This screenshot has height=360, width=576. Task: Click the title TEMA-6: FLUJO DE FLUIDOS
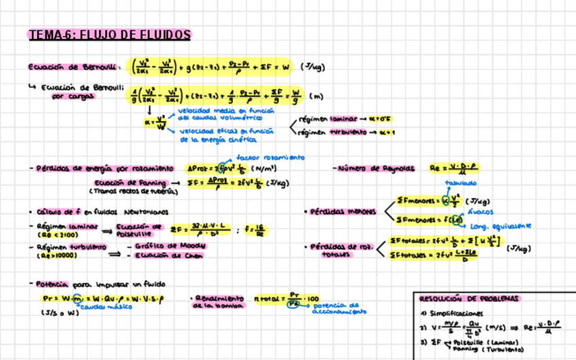pos(109,35)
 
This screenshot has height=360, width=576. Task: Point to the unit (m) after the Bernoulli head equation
pos(315,96)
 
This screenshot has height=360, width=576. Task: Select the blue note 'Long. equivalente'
pos(498,226)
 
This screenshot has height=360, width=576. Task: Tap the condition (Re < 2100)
pos(52,234)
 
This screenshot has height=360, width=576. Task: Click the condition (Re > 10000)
pos(56,256)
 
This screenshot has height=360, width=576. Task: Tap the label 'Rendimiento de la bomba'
pos(219,302)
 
